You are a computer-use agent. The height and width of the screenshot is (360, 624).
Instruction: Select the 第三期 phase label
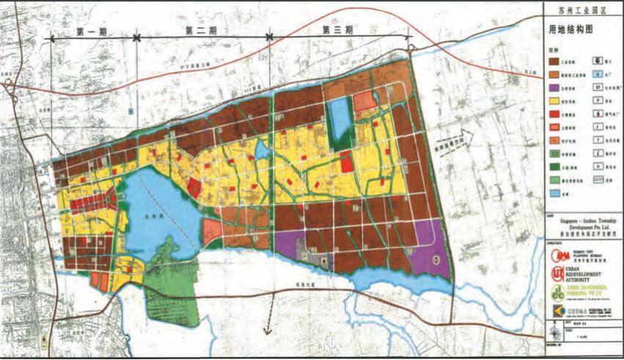[x=338, y=30]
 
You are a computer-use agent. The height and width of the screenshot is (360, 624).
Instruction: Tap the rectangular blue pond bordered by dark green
[x=339, y=116]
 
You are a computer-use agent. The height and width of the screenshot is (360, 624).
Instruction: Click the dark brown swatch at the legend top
[x=556, y=61]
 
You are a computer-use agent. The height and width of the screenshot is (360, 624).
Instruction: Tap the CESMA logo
[x=561, y=312]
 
